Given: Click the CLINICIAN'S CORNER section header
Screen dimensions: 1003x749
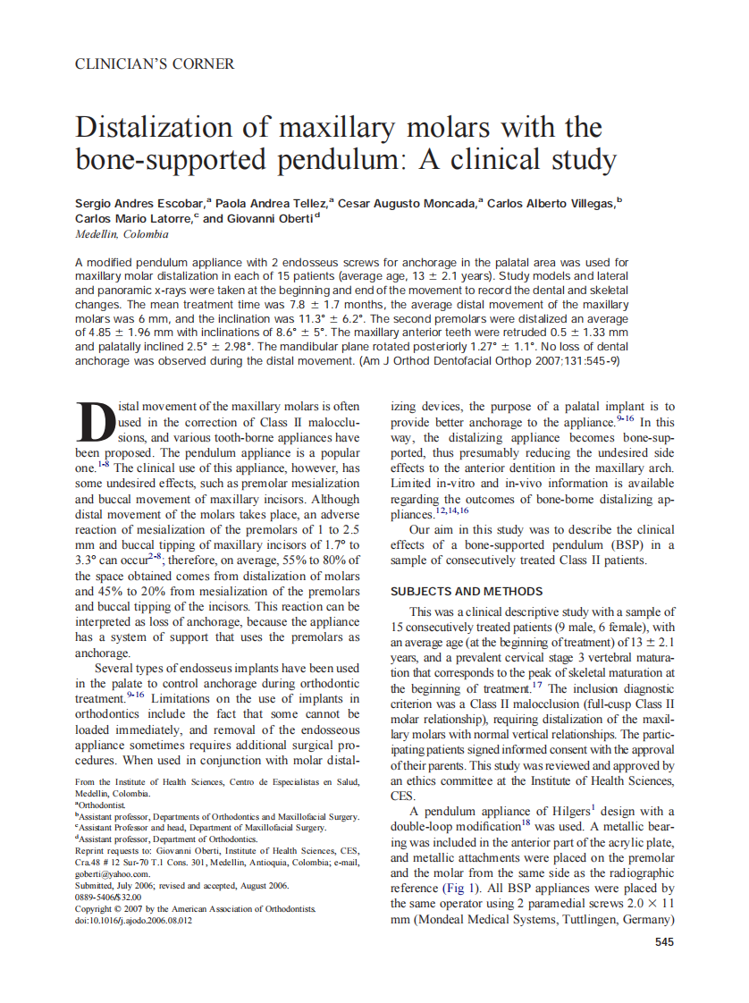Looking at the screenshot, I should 155,64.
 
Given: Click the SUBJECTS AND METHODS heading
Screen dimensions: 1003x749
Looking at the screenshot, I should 467,591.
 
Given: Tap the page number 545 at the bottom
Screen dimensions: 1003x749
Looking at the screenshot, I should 665,941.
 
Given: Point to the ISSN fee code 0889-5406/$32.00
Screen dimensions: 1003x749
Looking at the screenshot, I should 108,897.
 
